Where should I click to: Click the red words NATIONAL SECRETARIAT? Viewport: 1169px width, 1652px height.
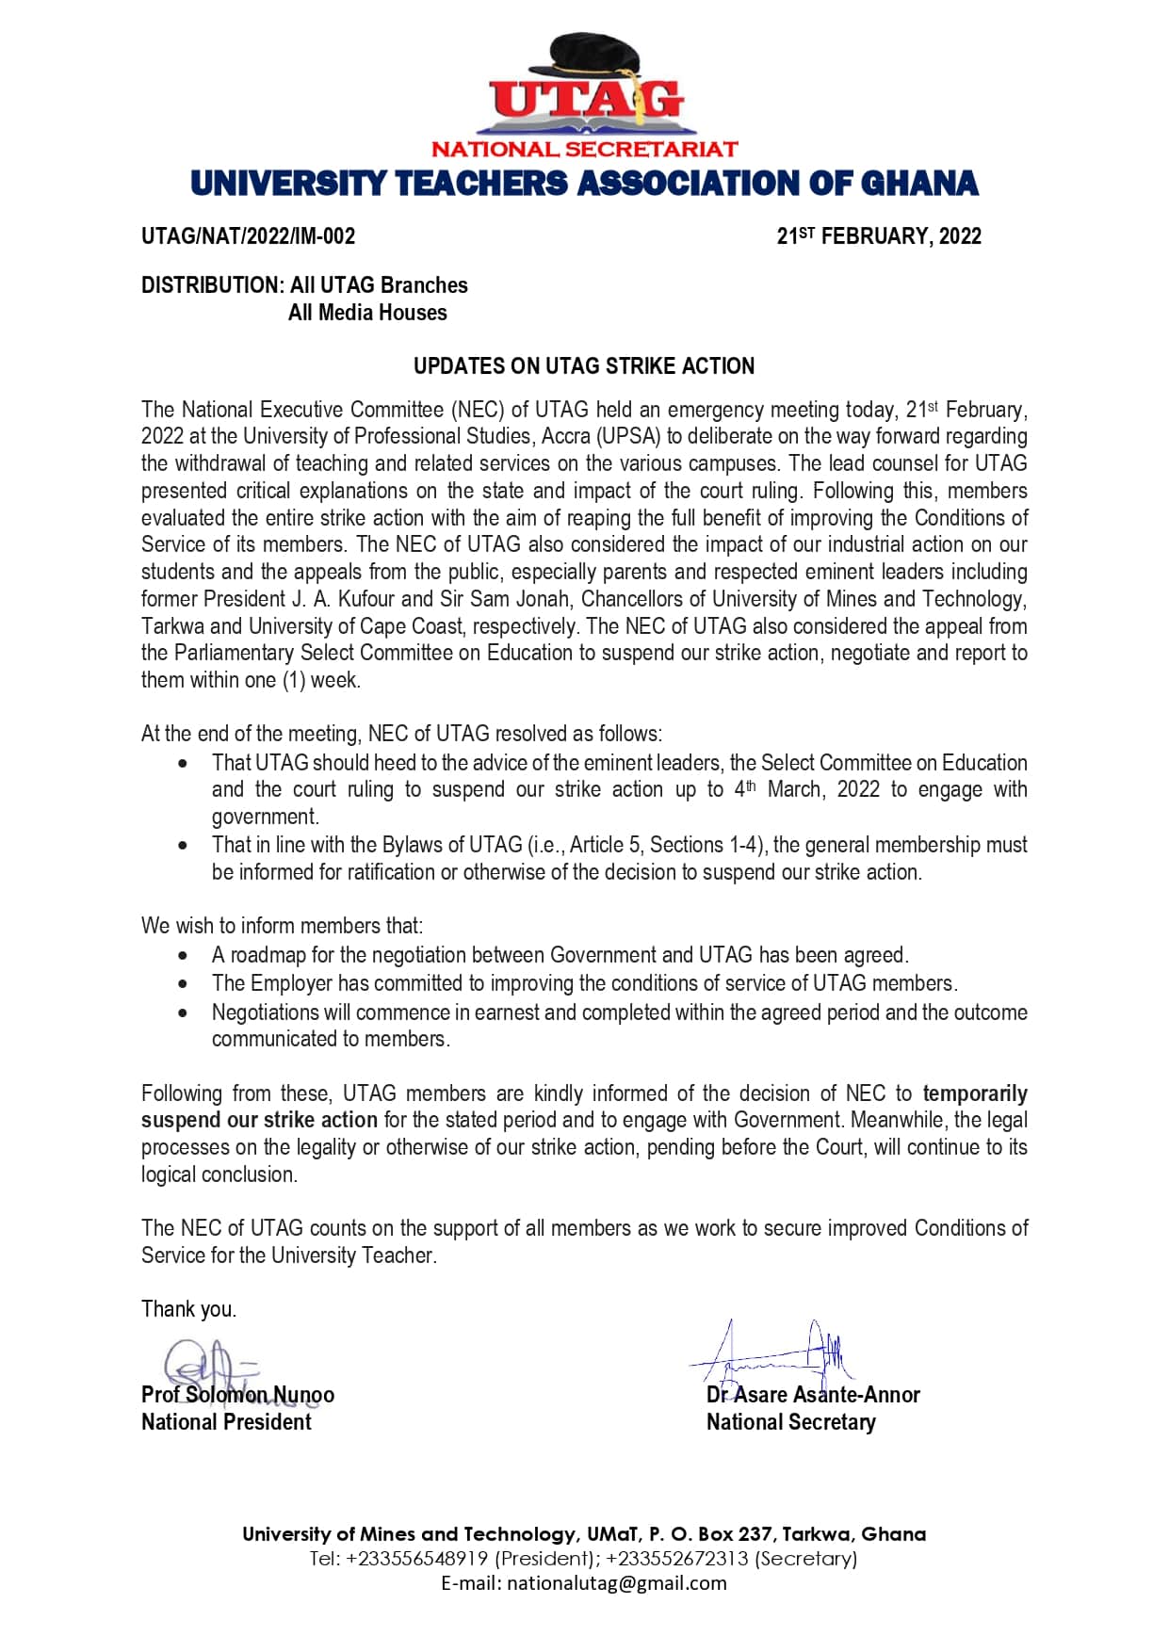pyautogui.click(x=584, y=149)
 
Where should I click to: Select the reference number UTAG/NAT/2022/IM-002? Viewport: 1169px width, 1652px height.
pyautogui.click(x=248, y=236)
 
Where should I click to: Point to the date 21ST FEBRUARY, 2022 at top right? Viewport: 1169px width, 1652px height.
pyautogui.click(x=878, y=236)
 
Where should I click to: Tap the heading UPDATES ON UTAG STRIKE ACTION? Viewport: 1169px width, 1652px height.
pyautogui.click(x=584, y=366)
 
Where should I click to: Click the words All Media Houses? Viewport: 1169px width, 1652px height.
pyautogui.click(x=367, y=313)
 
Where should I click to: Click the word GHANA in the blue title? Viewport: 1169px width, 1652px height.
pyautogui.click(x=919, y=184)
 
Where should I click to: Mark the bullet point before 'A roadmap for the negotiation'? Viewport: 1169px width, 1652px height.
pyautogui.click(x=183, y=956)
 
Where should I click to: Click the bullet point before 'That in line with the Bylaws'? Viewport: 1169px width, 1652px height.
pyautogui.click(x=183, y=846)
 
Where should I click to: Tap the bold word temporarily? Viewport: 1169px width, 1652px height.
pyautogui.click(x=974, y=1093)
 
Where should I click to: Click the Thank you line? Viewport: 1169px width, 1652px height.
pyautogui.click(x=188, y=1309)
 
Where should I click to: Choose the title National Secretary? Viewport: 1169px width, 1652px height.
pyautogui.click(x=790, y=1422)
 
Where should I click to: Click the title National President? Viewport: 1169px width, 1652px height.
pyautogui.click(x=226, y=1422)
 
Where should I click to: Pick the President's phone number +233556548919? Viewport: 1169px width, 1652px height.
pyautogui.click(x=417, y=1559)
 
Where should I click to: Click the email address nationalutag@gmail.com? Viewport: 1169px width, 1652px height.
pyautogui.click(x=617, y=1583)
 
